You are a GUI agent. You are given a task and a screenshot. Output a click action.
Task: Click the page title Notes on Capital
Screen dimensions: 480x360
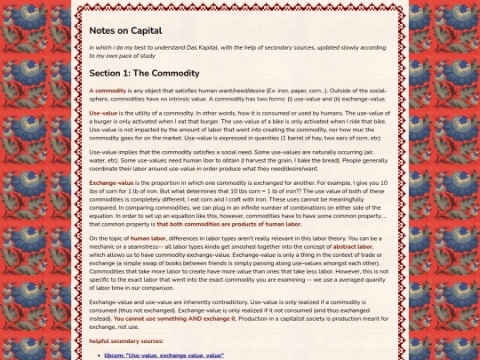pos(125,29)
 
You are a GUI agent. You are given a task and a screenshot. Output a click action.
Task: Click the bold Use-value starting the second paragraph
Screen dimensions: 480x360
pos(103,113)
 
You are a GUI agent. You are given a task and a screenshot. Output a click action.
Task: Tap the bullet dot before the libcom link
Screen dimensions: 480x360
pos(98,354)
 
